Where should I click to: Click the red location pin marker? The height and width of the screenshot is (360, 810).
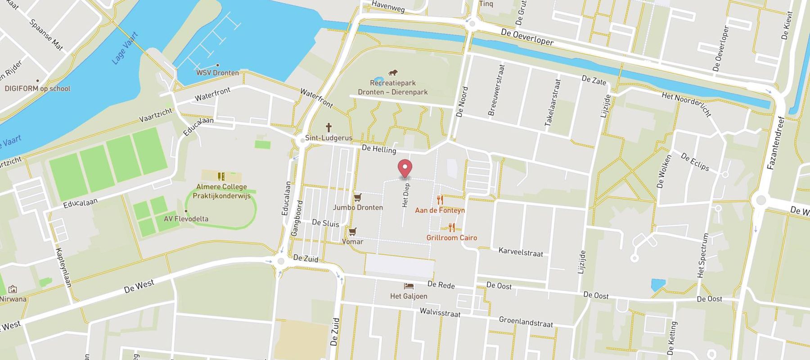[x=405, y=168]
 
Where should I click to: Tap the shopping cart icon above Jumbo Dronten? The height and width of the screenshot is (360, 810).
[x=357, y=198]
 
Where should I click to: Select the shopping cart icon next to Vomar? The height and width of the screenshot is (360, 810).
[x=352, y=231]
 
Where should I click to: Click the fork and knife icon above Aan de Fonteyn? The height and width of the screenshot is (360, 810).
[x=440, y=200]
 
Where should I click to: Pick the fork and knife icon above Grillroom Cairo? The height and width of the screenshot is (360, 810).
[x=452, y=228]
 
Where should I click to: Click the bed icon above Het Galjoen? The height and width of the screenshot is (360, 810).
[x=409, y=286]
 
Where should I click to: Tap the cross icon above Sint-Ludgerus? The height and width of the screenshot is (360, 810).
[x=329, y=127]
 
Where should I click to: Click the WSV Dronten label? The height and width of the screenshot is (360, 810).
[x=217, y=72]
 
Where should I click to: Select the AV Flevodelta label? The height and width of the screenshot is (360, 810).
[x=186, y=219]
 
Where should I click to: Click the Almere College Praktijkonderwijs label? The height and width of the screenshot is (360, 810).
[x=221, y=191]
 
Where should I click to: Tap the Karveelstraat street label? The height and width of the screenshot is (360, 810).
[x=521, y=252]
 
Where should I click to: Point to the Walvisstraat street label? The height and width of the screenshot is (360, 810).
[x=440, y=313]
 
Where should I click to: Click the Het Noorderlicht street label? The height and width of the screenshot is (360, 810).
[x=686, y=104]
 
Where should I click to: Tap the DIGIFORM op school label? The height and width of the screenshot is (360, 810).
[x=37, y=89]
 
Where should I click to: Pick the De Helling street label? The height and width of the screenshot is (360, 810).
[x=379, y=149]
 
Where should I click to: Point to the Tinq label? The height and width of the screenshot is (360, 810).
[x=486, y=4]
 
